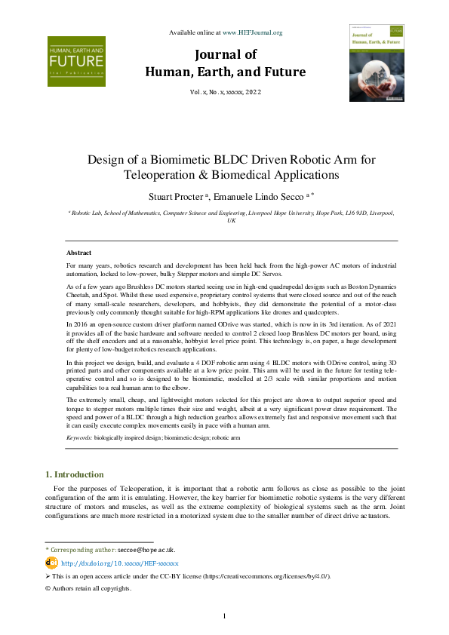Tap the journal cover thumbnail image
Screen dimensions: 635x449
[x=376, y=63]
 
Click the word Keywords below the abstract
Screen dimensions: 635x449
[x=79, y=437]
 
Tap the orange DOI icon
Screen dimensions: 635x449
[x=51, y=563]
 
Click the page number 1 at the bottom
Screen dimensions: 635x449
[x=224, y=617]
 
